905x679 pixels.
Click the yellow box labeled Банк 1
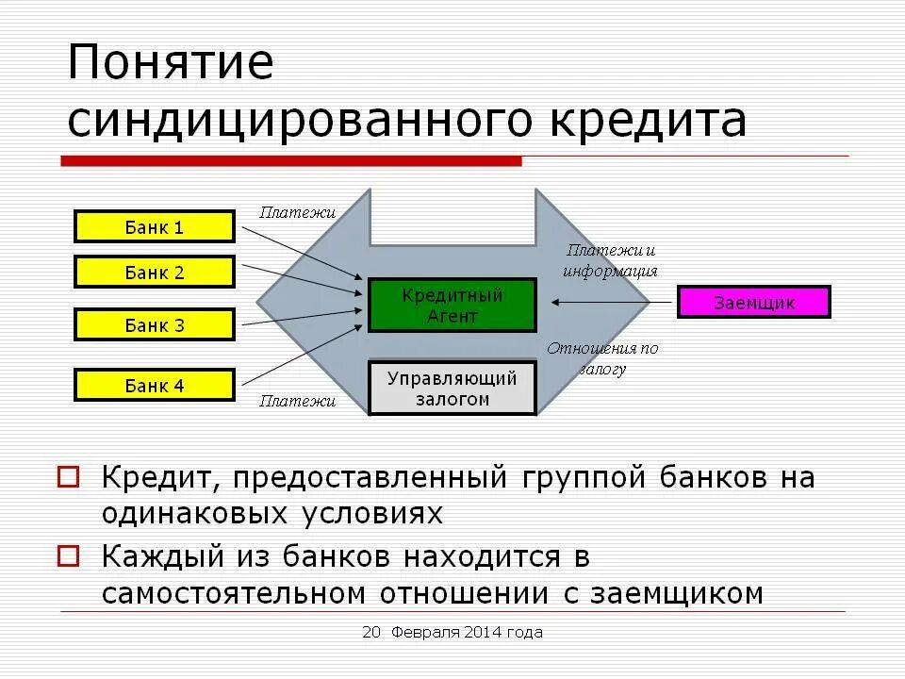pos(154,227)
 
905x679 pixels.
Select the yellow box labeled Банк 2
pos(154,273)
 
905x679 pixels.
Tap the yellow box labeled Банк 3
pos(154,325)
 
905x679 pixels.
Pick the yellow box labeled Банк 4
pos(154,386)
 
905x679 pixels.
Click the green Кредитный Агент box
pos(452,306)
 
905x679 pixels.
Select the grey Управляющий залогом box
pos(452,389)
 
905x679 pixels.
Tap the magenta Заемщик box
pos(753,303)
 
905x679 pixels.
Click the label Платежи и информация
pos(610,260)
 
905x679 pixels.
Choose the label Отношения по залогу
pos(602,358)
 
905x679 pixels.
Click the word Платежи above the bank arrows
pos(298,213)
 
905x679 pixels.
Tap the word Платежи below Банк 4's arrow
pos(298,401)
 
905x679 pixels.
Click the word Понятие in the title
pos(170,64)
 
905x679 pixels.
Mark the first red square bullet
pos(69,476)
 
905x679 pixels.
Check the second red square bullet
pos(69,555)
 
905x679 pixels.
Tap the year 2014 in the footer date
pos(481,633)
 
